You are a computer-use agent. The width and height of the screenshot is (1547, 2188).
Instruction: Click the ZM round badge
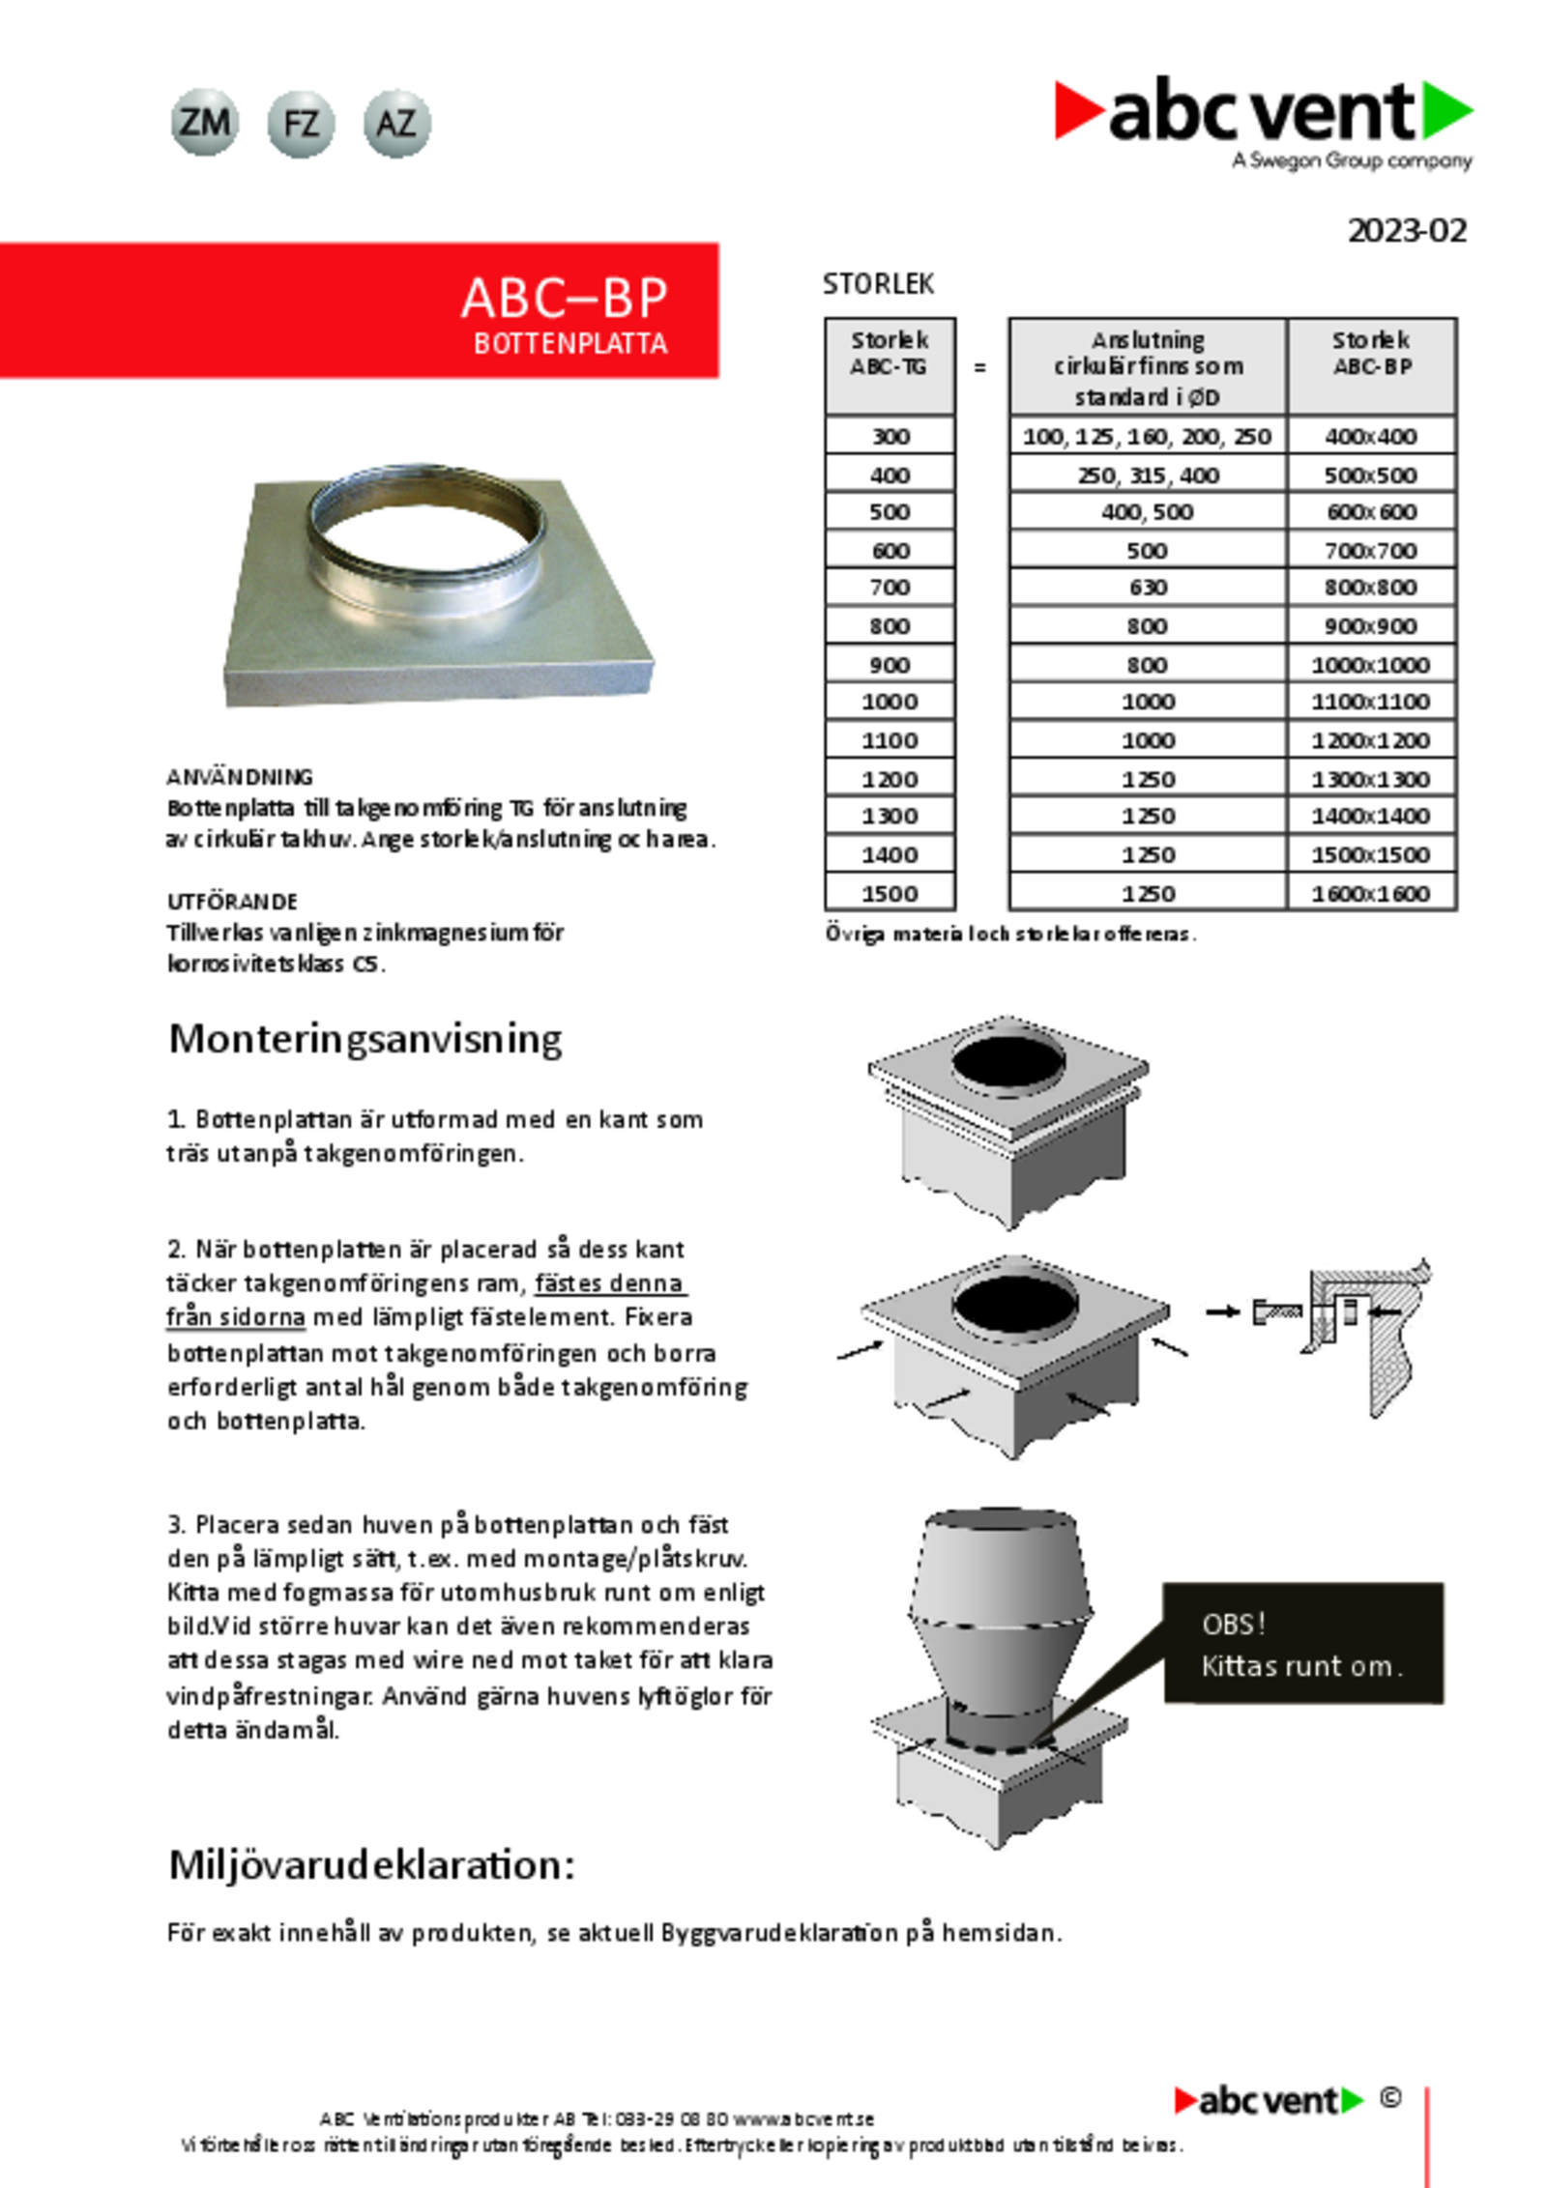pos(204,123)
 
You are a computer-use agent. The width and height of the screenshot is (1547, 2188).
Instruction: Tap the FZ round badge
pos(301,124)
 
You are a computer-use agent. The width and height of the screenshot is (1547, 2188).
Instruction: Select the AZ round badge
pos(396,124)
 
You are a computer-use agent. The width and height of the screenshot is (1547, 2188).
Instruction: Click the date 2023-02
pos(1407,231)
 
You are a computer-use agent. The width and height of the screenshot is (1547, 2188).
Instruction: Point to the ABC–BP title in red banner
pos(564,298)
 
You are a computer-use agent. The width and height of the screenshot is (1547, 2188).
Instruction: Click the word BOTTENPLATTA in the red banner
pos(570,344)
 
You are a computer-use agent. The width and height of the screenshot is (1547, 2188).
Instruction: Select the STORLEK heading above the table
pos(878,284)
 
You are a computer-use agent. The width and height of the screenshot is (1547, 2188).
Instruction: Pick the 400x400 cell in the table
pos(1371,437)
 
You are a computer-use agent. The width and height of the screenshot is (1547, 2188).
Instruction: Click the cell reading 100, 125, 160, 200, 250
pos(1147,437)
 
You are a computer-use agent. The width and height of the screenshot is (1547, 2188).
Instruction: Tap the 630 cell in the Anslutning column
pos(1148,588)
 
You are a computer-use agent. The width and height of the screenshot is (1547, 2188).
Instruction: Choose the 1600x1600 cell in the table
pos(1371,894)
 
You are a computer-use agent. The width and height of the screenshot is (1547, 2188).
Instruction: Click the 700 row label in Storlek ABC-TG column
pos(890,588)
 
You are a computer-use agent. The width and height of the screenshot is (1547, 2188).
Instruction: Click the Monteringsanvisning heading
pos(365,1039)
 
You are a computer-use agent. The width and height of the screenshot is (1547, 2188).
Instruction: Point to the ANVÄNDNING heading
pos(240,777)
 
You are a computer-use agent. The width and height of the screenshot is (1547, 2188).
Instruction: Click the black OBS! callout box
pos(1302,1644)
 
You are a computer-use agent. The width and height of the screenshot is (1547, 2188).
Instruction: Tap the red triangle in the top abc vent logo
pos(1077,109)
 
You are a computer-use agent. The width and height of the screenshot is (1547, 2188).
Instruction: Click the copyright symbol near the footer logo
pos(1390,2098)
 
